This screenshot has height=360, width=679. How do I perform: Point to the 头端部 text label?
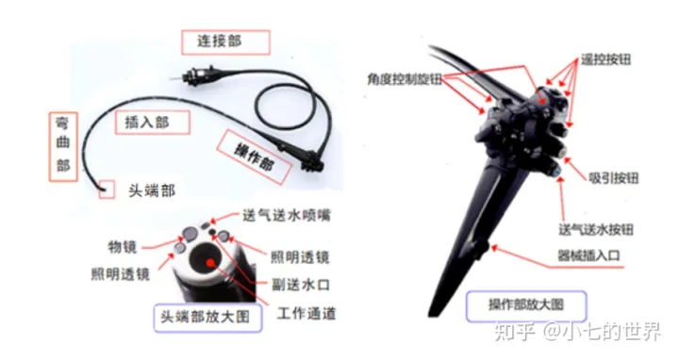point(152,190)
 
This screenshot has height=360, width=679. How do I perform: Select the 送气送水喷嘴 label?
point(287,215)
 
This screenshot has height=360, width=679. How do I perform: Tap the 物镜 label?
point(122,247)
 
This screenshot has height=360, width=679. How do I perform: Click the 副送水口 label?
point(301,285)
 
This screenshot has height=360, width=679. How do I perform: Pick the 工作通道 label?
point(306,313)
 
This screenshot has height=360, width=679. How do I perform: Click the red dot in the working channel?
point(210,262)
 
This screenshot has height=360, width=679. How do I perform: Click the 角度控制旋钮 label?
point(405,79)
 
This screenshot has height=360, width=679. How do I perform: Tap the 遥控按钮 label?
point(605,59)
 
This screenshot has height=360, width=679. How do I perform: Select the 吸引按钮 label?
point(614,178)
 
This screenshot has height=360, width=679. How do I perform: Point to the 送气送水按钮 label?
point(596,229)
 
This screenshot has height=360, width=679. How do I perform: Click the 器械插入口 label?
point(589,255)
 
